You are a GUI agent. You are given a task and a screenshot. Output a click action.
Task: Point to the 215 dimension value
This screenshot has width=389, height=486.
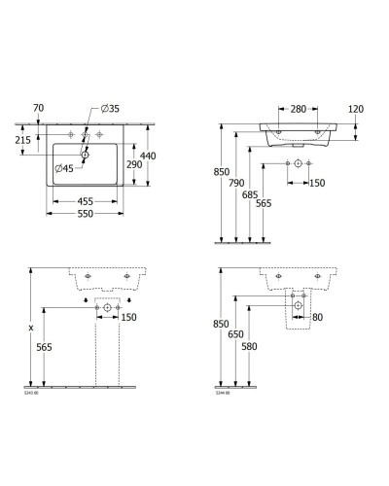pos(21,142)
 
